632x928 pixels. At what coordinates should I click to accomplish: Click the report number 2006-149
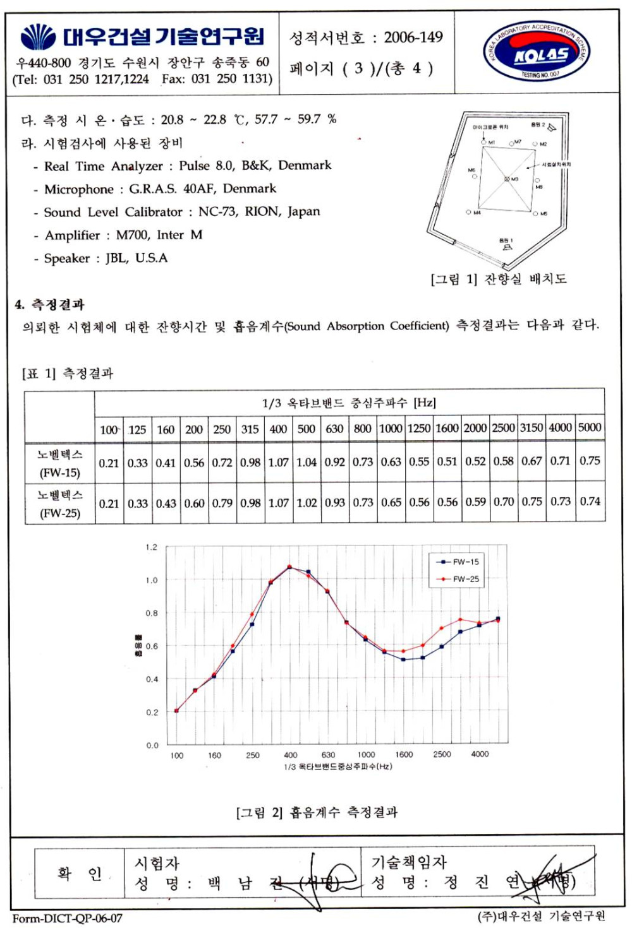413,37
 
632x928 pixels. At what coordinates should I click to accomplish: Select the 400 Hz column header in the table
278,429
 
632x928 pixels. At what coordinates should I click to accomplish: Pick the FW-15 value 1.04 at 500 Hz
307,462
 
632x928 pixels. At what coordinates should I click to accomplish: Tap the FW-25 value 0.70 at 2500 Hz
504,502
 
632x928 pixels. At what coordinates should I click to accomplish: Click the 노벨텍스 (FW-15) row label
60,463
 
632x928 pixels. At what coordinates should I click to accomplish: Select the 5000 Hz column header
590,427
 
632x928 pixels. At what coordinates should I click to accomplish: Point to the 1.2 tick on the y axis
152,547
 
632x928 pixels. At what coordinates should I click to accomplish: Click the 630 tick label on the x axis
328,754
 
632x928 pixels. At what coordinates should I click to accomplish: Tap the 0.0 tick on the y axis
152,746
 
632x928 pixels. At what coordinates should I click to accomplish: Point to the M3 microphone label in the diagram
514,179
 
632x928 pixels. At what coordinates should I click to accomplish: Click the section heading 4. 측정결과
50,305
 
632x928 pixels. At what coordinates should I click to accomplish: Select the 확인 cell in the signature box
79,874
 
